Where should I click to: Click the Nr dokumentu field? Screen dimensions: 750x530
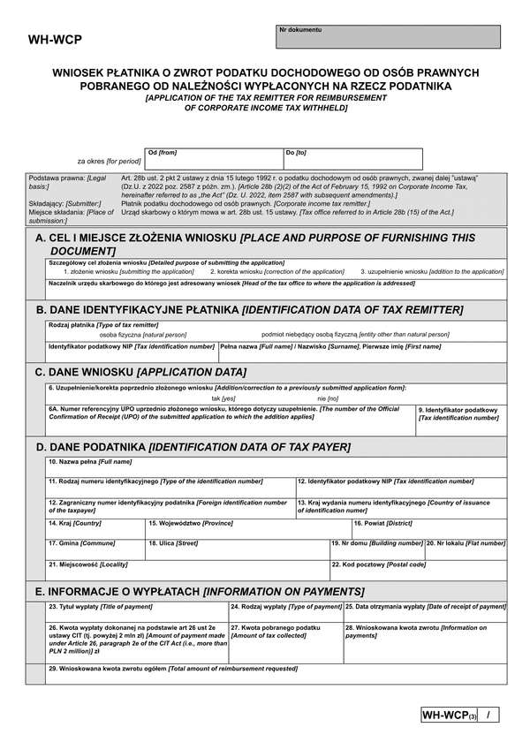pos(389,37)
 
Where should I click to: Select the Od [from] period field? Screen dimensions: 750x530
pos(213,159)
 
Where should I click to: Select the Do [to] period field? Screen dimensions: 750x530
pos(352,159)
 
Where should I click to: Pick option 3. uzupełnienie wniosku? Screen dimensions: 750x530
pos(432,272)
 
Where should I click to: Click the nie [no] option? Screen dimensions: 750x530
pos(327,398)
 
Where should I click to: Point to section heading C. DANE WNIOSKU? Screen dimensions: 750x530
pos(140,373)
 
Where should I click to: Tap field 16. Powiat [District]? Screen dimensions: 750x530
pos(428,528)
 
